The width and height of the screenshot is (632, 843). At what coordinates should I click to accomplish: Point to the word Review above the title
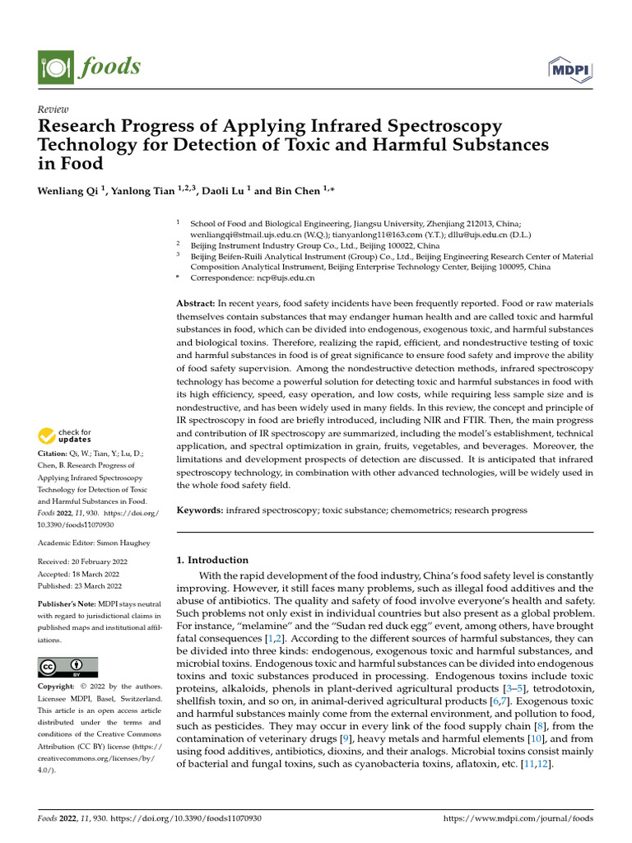click(53, 109)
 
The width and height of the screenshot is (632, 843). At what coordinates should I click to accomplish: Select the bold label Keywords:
click(200, 510)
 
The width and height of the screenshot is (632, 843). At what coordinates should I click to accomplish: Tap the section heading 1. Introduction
click(213, 560)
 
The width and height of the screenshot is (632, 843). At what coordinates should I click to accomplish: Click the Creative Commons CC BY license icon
click(68, 667)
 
